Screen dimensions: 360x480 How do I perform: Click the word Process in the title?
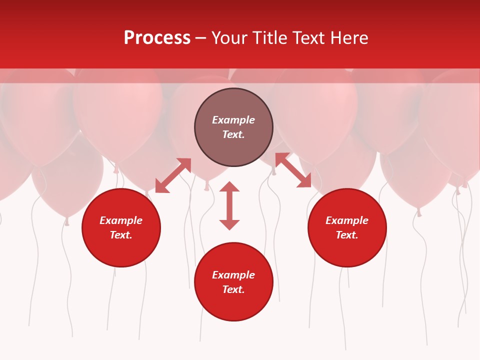157,38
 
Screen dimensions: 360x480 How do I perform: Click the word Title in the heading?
269,38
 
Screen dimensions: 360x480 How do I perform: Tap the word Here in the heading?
349,38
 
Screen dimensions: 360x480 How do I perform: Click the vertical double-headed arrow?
229,205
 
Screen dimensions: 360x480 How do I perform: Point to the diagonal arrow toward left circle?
173,175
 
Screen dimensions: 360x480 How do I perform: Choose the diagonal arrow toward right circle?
293,170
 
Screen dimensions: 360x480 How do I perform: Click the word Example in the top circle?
233,120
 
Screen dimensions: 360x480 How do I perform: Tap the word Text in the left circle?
121,235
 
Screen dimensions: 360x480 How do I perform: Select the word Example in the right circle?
347,220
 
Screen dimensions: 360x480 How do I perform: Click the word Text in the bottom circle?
233,289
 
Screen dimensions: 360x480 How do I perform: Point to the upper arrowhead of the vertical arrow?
229,186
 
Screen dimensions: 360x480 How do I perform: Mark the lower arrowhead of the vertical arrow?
229,224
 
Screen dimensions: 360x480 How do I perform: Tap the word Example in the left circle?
121,220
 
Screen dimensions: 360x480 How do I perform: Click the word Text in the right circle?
347,235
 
